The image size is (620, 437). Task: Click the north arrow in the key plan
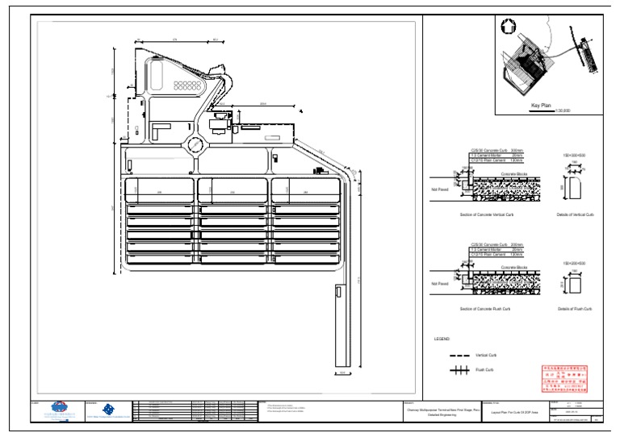pyautogui.click(x=509, y=26)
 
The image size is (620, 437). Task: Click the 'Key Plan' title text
pyautogui.click(x=540, y=105)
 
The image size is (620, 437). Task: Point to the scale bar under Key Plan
pyautogui.click(x=541, y=110)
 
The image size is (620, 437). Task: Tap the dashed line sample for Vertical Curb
pyautogui.click(x=460, y=355)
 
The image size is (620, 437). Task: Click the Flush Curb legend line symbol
pyautogui.click(x=460, y=371)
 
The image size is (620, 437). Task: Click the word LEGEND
pyautogui.click(x=442, y=339)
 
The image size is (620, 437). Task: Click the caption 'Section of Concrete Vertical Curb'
pyautogui.click(x=486, y=215)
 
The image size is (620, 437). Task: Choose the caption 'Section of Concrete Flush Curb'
pyautogui.click(x=486, y=309)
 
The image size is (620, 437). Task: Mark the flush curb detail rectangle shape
pyautogui.click(x=576, y=284)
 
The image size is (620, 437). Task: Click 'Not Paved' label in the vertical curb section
pyautogui.click(x=439, y=189)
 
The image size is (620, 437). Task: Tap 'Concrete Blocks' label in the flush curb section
pyautogui.click(x=514, y=267)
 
